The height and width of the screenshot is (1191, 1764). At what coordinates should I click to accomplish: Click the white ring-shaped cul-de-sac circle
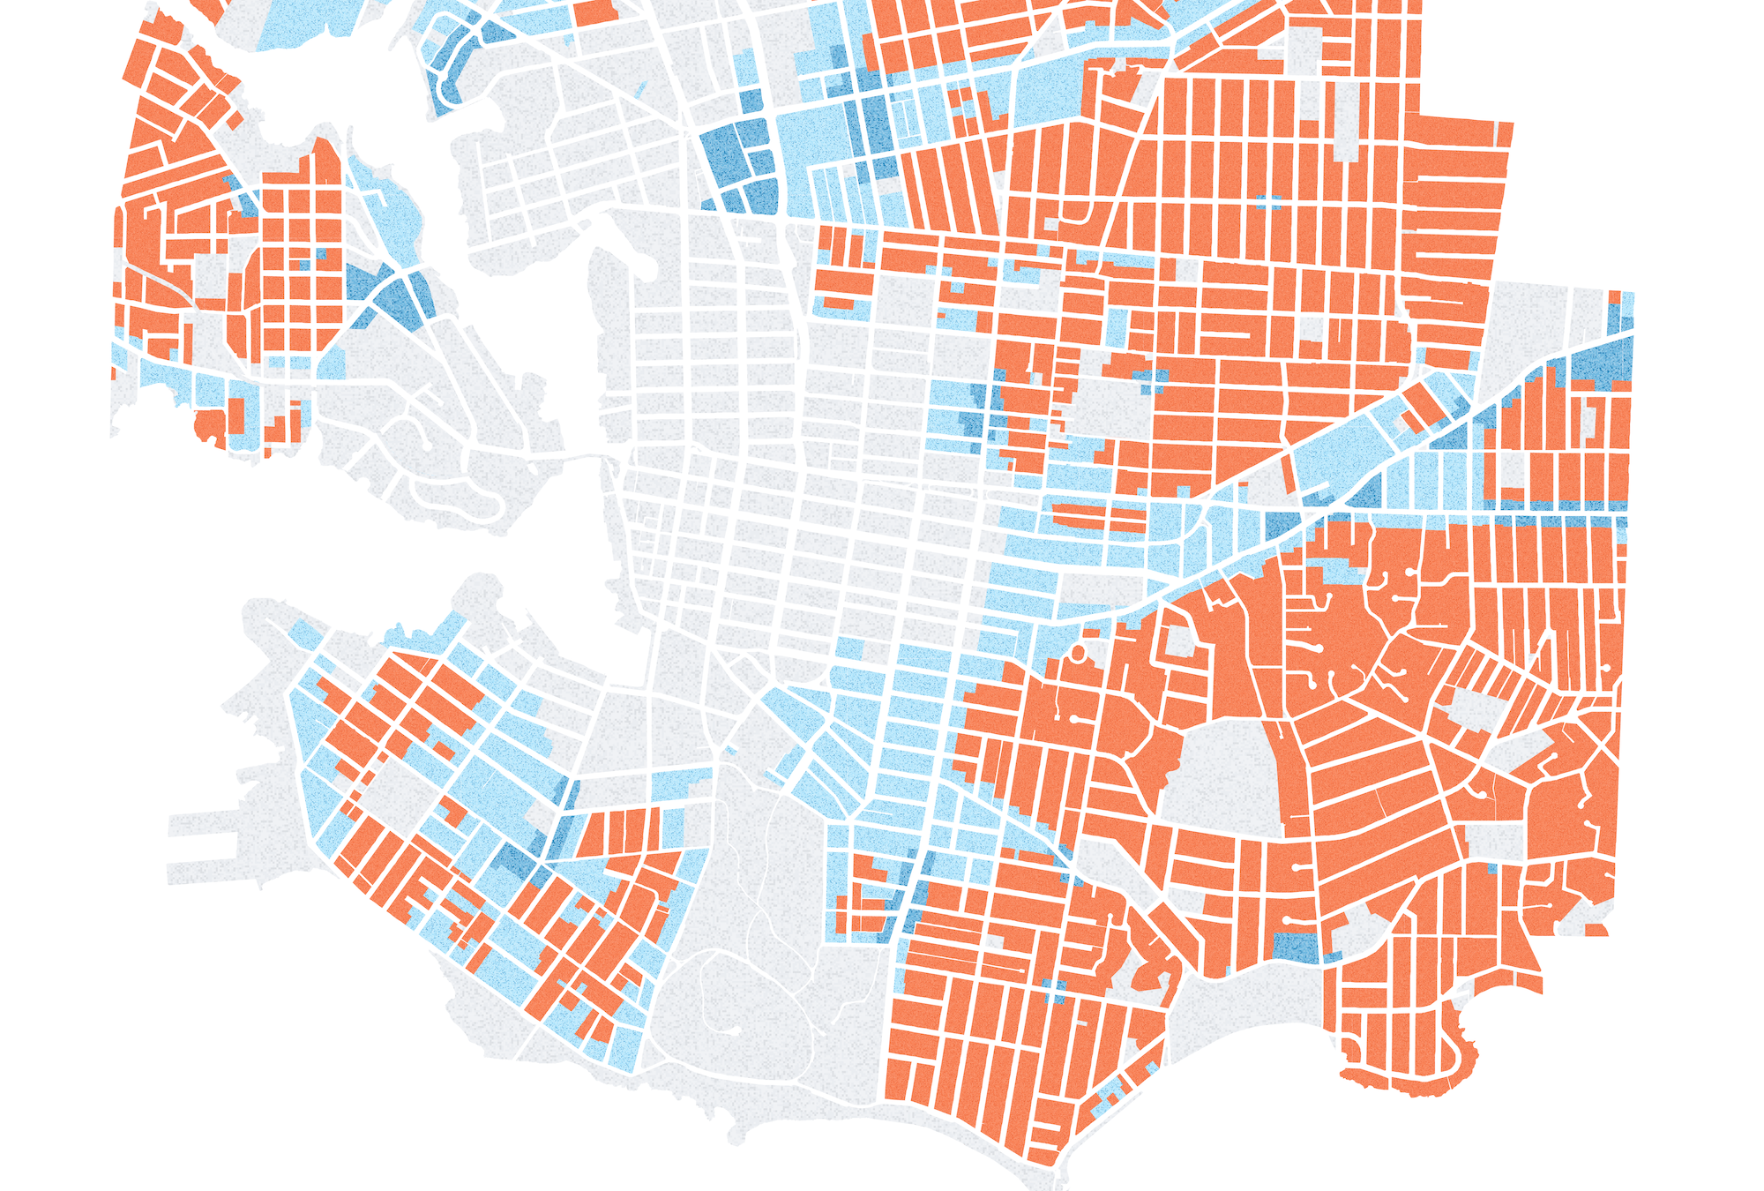pos(1077,654)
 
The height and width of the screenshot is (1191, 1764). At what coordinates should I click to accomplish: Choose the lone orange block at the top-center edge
pos(596,11)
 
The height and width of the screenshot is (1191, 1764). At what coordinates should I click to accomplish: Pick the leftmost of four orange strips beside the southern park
pos(591,834)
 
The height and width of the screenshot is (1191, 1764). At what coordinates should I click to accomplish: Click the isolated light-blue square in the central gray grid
pos(849,648)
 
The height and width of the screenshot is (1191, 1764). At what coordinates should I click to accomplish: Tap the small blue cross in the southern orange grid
pos(1055,992)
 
